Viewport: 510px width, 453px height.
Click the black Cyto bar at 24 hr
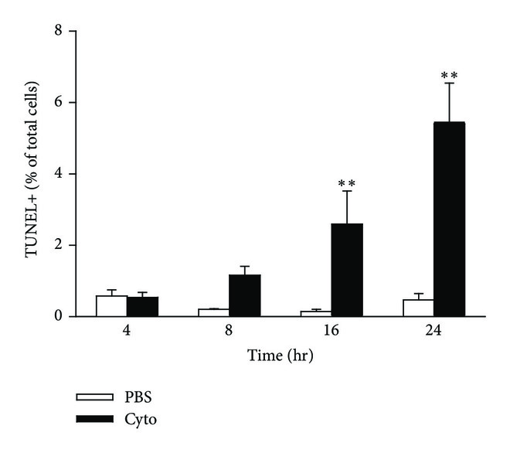click(x=449, y=220)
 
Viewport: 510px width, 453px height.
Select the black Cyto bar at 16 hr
click(x=347, y=270)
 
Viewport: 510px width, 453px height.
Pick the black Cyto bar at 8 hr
click(x=244, y=295)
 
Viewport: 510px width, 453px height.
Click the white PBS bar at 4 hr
click(x=111, y=305)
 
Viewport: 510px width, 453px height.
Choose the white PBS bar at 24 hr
click(x=418, y=308)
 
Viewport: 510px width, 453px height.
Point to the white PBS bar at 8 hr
click(x=213, y=312)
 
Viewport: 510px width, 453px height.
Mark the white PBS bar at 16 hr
click(x=316, y=313)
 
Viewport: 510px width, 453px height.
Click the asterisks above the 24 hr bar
click(x=449, y=77)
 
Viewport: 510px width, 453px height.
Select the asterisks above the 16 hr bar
click(x=347, y=184)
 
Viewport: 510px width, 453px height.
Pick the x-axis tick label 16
click(x=331, y=330)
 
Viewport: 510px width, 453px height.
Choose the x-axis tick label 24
click(x=433, y=330)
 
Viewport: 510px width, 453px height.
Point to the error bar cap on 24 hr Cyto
click(x=449, y=83)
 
